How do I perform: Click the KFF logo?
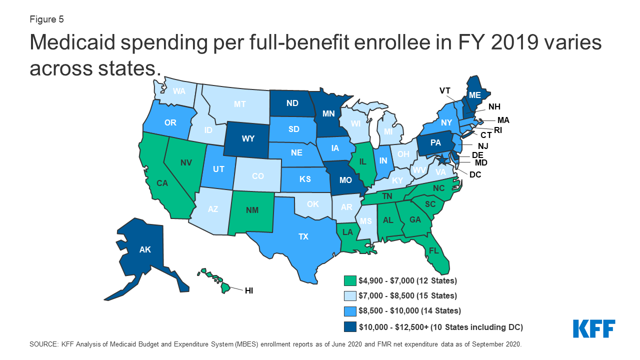click(x=594, y=328)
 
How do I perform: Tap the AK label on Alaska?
click(x=145, y=249)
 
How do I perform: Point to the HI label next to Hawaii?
click(x=248, y=290)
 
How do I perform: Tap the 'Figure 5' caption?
click(x=46, y=19)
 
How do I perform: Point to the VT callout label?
click(x=445, y=90)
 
